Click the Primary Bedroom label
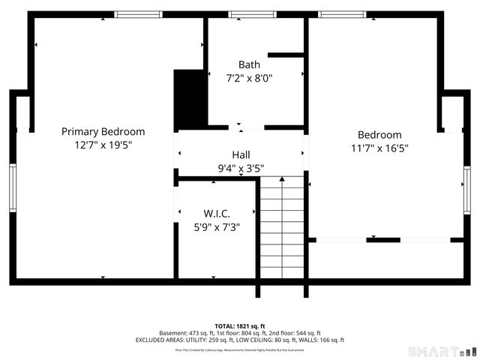coord(103,131)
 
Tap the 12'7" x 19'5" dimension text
coord(103,145)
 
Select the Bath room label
coord(249,64)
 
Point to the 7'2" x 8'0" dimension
coord(249,77)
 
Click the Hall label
coord(241,154)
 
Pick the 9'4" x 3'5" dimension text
coord(241,168)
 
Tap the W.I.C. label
coord(216,214)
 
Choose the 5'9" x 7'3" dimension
coord(216,226)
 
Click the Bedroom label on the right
coord(379,135)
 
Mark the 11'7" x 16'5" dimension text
coord(379,148)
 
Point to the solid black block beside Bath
coord(190,99)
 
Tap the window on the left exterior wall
coord(13,187)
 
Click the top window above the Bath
coord(252,14)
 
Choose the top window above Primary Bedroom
coord(138,14)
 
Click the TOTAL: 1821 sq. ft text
coord(240,325)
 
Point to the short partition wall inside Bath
coord(285,54)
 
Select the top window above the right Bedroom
coord(342,14)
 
